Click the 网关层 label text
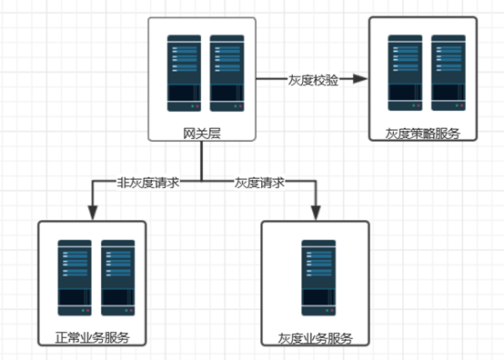(x=202, y=134)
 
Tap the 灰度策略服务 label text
(x=422, y=134)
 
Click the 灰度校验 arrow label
(x=313, y=80)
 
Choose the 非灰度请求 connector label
(x=147, y=182)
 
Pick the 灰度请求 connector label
(x=260, y=182)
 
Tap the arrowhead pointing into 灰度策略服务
(x=360, y=80)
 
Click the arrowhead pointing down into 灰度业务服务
(x=315, y=213)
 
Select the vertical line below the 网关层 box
(x=202, y=162)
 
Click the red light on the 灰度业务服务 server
(x=328, y=311)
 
